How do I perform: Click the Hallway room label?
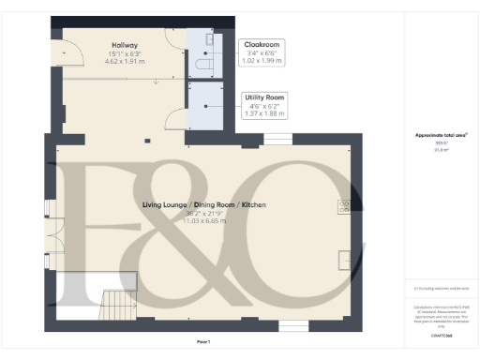pyautogui.click(x=125, y=44)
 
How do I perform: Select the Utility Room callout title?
pyautogui.click(x=265, y=97)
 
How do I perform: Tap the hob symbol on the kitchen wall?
pyautogui.click(x=344, y=206)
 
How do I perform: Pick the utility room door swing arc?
pyautogui.click(x=174, y=119)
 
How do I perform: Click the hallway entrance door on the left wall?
pyautogui.click(x=57, y=53)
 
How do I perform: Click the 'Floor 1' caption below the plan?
pyautogui.click(x=204, y=341)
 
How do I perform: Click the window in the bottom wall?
pyautogui.click(x=292, y=326)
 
